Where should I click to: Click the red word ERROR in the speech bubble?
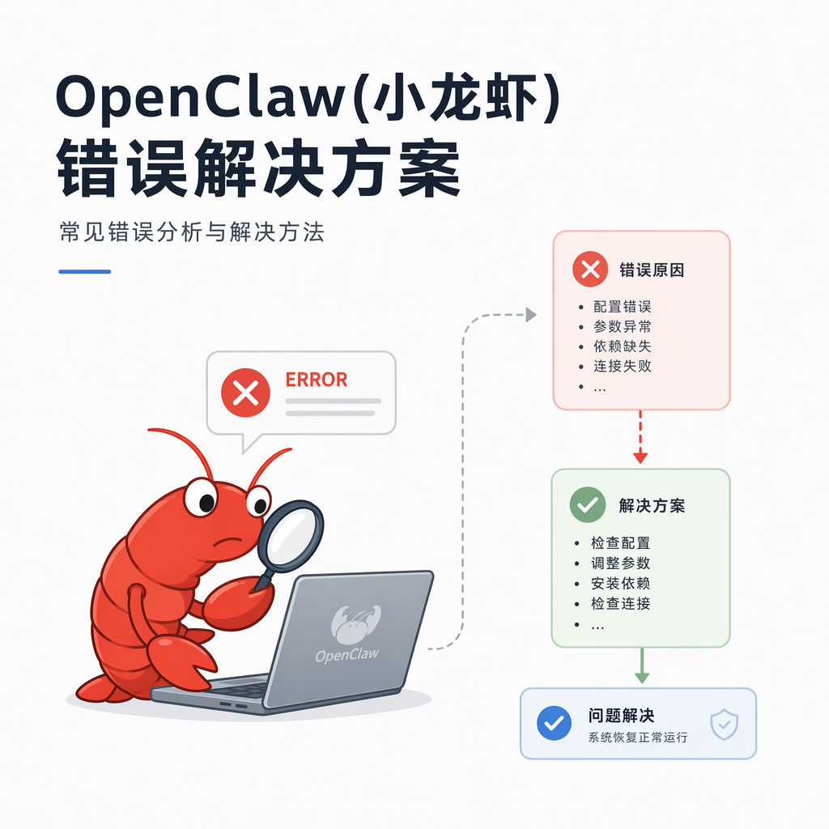pos(317,380)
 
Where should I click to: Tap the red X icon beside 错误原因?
pos(590,269)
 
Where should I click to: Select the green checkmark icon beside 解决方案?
pos(588,505)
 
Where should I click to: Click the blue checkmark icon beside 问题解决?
pos(554,723)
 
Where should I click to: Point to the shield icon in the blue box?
pos(725,725)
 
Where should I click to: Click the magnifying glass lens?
pos(291,535)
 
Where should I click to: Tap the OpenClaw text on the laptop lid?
pos(347,655)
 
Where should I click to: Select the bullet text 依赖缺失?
pos(622,346)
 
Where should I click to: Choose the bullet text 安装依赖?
pos(620,583)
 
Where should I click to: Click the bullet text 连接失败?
pos(622,366)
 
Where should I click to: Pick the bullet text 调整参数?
pos(620,563)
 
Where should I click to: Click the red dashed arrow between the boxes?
pos(640,436)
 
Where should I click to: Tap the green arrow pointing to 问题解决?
pos(642,665)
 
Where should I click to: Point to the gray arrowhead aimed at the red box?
pos(531,315)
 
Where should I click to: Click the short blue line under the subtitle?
pos(84,272)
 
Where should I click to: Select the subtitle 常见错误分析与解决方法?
pos(192,232)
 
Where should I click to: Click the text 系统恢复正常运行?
pos(638,737)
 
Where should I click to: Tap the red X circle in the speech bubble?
pos(245,393)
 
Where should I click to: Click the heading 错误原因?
pos(652,270)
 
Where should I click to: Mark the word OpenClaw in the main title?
pos(201,98)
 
